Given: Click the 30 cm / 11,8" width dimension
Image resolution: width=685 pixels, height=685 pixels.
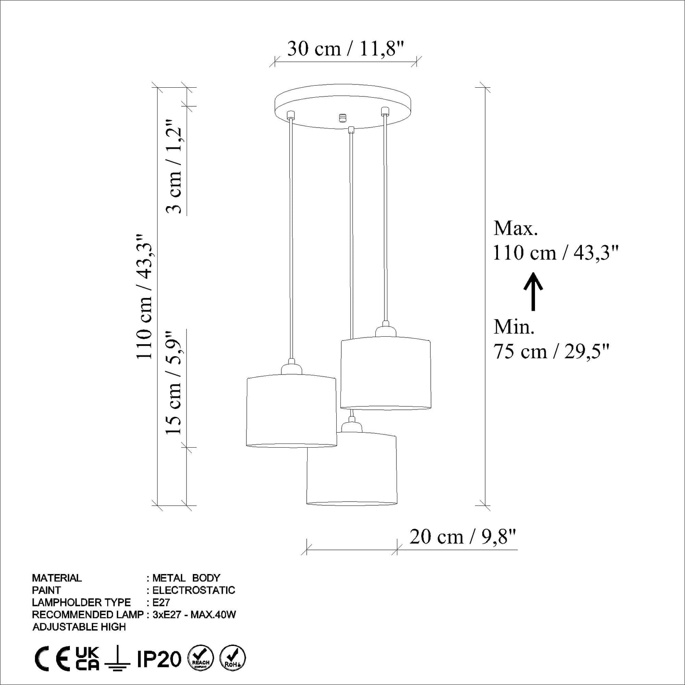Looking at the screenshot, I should coord(345,49).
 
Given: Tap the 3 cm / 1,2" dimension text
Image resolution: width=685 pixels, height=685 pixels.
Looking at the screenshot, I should coord(175,167).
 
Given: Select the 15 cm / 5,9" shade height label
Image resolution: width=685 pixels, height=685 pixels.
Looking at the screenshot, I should coord(175,383).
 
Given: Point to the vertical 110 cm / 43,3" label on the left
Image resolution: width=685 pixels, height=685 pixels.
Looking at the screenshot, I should coord(145,296).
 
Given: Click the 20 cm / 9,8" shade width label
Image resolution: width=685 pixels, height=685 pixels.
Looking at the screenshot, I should coord(462,537).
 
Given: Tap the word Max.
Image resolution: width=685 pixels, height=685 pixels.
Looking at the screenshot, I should coord(515,228).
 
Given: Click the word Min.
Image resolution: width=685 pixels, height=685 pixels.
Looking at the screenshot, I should coord(514,327).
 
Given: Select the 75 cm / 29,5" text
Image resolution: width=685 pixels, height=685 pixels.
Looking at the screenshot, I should coord(551,352).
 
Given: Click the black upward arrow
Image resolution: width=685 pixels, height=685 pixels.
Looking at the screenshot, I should coord(533,291).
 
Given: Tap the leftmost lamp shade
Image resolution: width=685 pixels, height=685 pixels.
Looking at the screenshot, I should coord(291,411).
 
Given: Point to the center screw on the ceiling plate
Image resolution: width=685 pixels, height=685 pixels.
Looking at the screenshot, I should coord(343,118).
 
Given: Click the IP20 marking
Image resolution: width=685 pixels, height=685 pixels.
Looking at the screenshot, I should coord(159,659).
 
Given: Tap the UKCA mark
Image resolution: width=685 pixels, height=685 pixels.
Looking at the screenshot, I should coord(87,658).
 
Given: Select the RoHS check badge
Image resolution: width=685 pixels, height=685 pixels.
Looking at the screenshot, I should coord(232,658).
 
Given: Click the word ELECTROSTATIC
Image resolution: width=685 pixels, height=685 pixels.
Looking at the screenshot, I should coord(194,590).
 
